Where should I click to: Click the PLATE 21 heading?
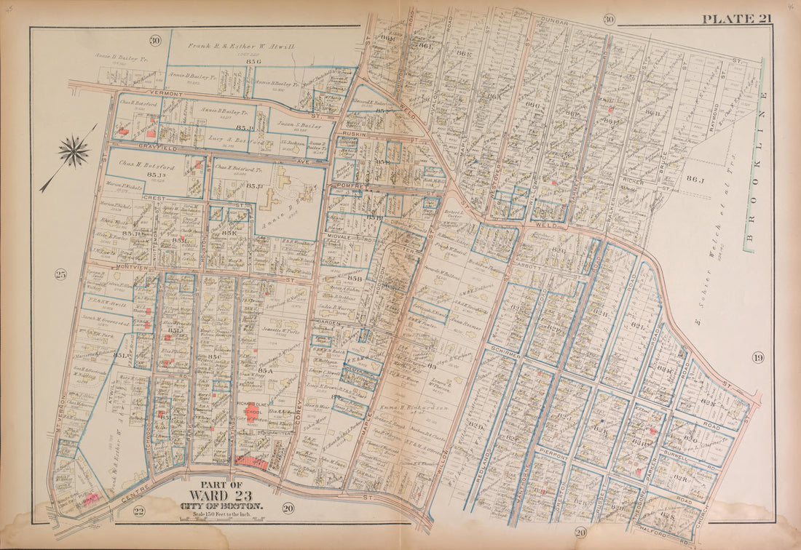(x=736, y=18)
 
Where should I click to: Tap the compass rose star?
(x=74, y=152)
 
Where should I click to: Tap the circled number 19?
(x=757, y=357)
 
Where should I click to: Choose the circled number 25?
(x=60, y=274)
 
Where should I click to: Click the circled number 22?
(x=139, y=511)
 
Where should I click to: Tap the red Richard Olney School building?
(x=250, y=412)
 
